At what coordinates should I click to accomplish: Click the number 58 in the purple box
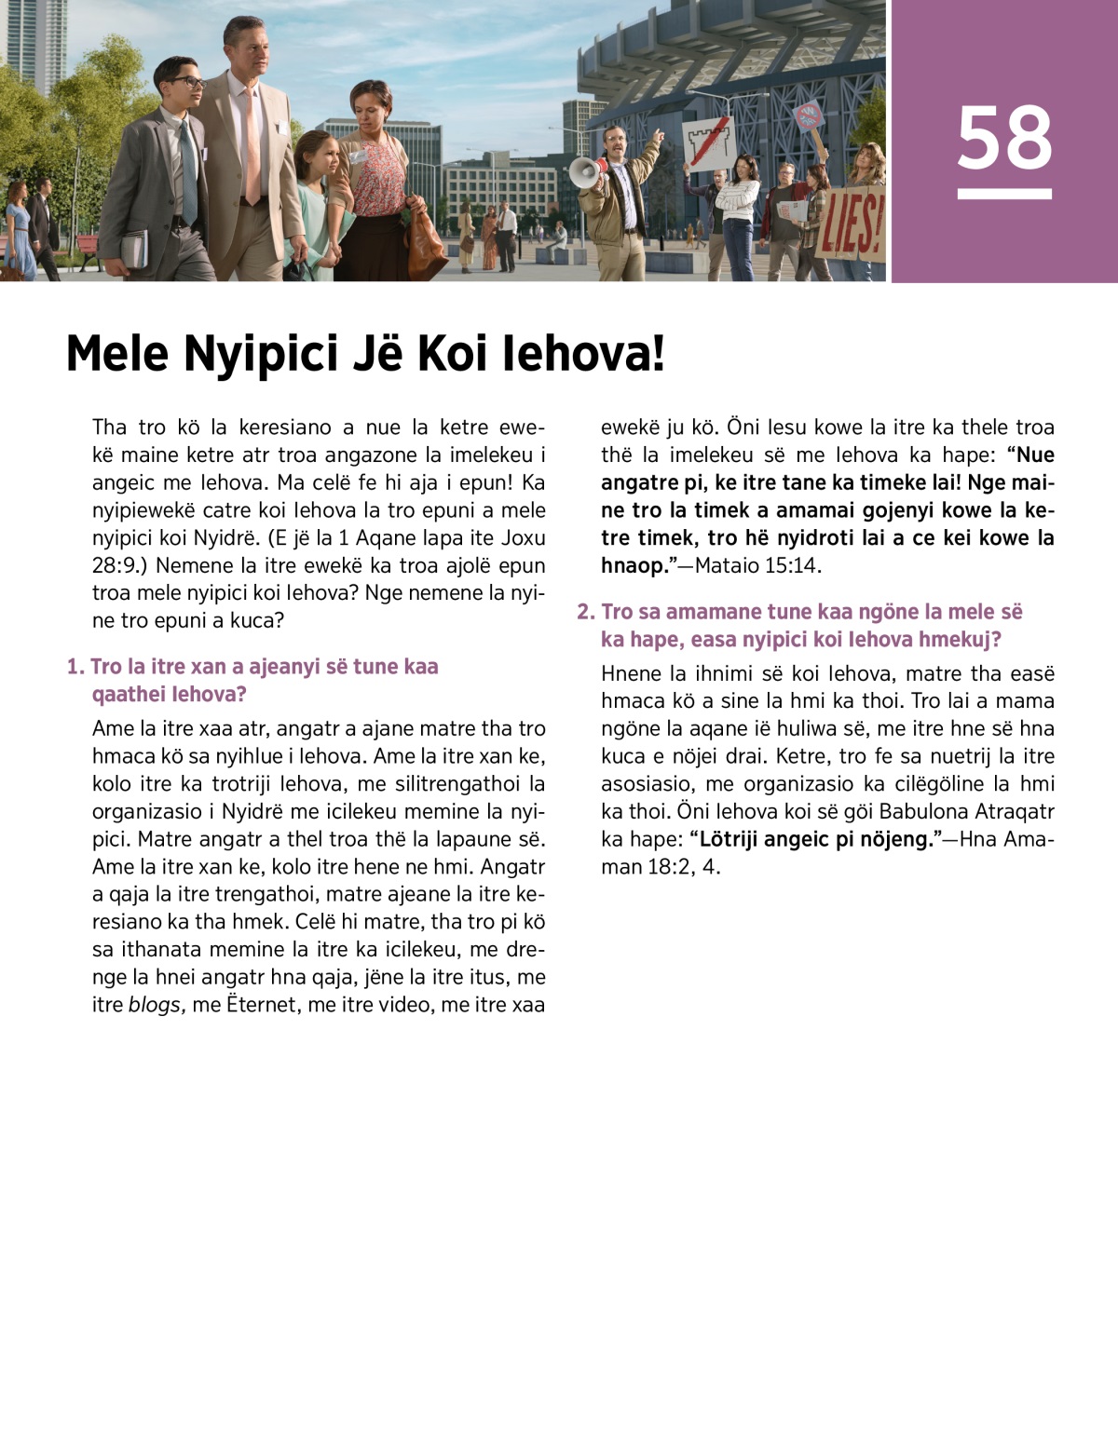(x=1004, y=138)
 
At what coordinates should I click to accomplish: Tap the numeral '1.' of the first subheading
(x=75, y=667)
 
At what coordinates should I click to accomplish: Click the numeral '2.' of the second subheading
(x=585, y=612)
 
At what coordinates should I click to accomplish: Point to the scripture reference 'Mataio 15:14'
(x=757, y=565)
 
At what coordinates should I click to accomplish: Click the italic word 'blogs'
(x=157, y=1005)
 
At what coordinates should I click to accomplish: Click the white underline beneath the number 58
(x=1004, y=194)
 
